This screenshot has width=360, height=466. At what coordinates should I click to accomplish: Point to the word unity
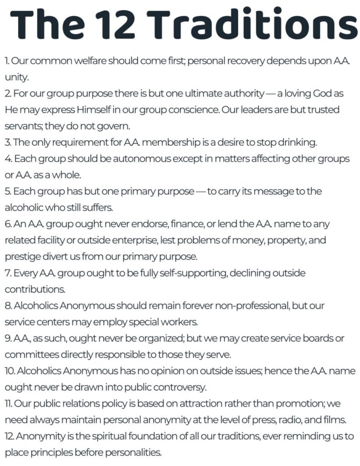pyautogui.click(x=16, y=77)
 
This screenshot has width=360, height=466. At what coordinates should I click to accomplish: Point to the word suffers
pyautogui.click(x=100, y=208)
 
